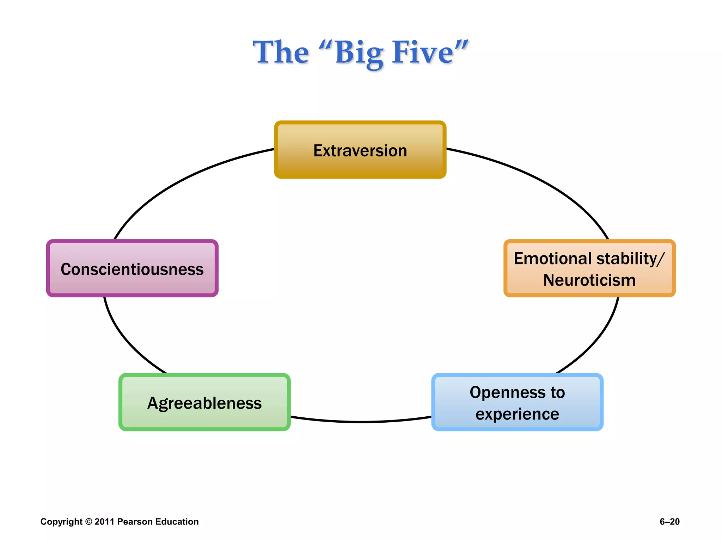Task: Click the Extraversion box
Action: (360, 150)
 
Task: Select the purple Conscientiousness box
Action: (132, 269)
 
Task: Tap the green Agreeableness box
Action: (204, 403)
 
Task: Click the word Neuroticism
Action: (589, 280)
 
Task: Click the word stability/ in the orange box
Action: (630, 259)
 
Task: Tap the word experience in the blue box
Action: (517, 414)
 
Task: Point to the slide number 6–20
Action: (669, 522)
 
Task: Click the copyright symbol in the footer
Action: (88, 522)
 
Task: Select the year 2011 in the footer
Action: (104, 522)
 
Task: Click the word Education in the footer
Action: (177, 522)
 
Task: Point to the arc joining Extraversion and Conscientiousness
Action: (183, 180)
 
